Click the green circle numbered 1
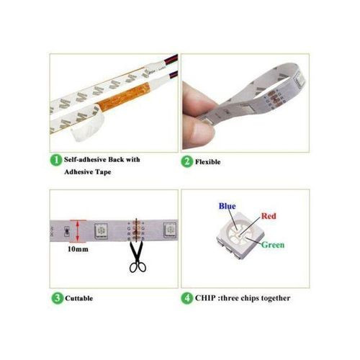coord(56,160)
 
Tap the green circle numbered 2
coord(187,161)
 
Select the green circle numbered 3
coord(58,298)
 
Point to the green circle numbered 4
coord(187,298)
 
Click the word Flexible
coord(207,162)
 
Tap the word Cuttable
coord(78,298)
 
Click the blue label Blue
coord(227,206)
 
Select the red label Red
coord(269,216)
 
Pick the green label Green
coord(273,245)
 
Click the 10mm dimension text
coord(78,249)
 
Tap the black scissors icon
coord(138,257)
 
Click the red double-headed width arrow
coord(78,232)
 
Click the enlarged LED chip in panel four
coord(240,235)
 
